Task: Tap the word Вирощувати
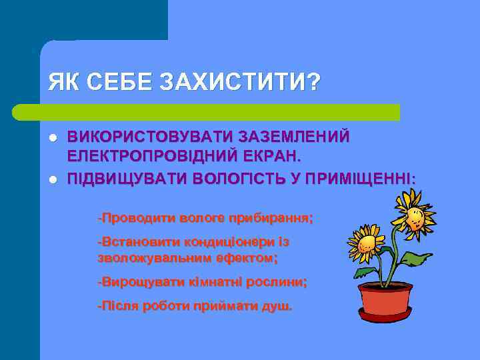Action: (137, 282)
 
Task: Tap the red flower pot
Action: (385, 301)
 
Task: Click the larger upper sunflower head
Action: (413, 214)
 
